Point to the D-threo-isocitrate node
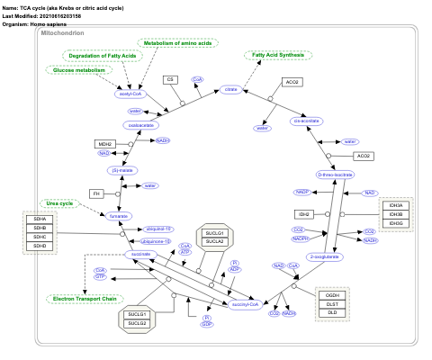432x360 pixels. click(x=337, y=175)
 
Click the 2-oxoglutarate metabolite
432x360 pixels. click(x=323, y=256)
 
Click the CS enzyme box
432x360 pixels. click(x=168, y=80)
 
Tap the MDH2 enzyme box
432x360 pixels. click(x=105, y=144)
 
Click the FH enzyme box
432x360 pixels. click(x=96, y=193)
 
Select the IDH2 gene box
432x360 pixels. click(x=305, y=214)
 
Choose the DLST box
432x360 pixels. click(x=332, y=304)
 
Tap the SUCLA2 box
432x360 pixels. click(x=214, y=241)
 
